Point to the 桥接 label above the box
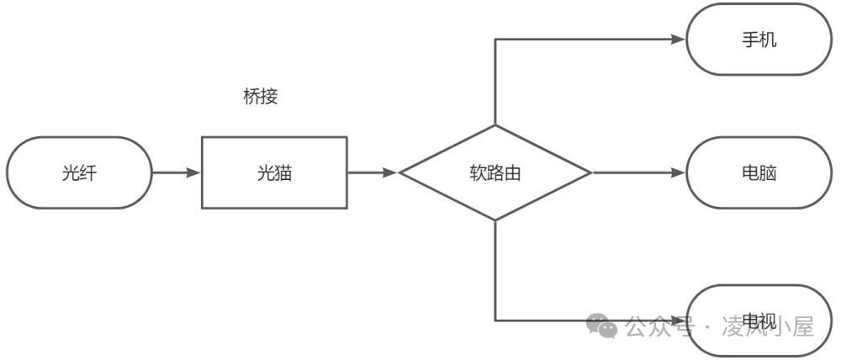pyautogui.click(x=260, y=97)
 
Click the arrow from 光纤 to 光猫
pyautogui.click(x=177, y=172)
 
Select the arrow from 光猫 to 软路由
pyautogui.click(x=373, y=172)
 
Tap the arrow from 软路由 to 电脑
pyautogui.click(x=638, y=172)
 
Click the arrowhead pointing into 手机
pyautogui.click(x=679, y=40)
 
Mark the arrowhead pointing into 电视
pyautogui.click(x=679, y=320)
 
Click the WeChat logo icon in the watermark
pyautogui.click(x=602, y=326)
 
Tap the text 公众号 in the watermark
pyautogui.click(x=659, y=326)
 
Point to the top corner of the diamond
pyautogui.click(x=495, y=125)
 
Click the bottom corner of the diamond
pyautogui.click(x=495, y=220)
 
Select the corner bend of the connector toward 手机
pyautogui.click(x=495, y=40)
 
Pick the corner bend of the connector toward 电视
pyautogui.click(x=495, y=320)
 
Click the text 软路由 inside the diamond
pyautogui.click(x=495, y=173)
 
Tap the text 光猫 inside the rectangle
pyautogui.click(x=275, y=173)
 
